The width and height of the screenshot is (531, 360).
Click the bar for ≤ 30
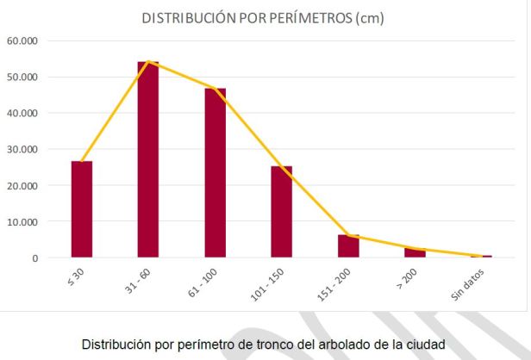(x=82, y=209)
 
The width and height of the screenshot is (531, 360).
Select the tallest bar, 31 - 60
(x=148, y=159)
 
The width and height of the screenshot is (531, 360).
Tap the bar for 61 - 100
(x=215, y=172)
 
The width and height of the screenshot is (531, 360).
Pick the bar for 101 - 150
(x=282, y=212)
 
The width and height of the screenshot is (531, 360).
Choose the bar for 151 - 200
(x=348, y=246)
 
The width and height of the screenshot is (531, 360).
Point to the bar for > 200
(x=415, y=252)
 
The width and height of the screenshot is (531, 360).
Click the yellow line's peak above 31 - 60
(x=149, y=62)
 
